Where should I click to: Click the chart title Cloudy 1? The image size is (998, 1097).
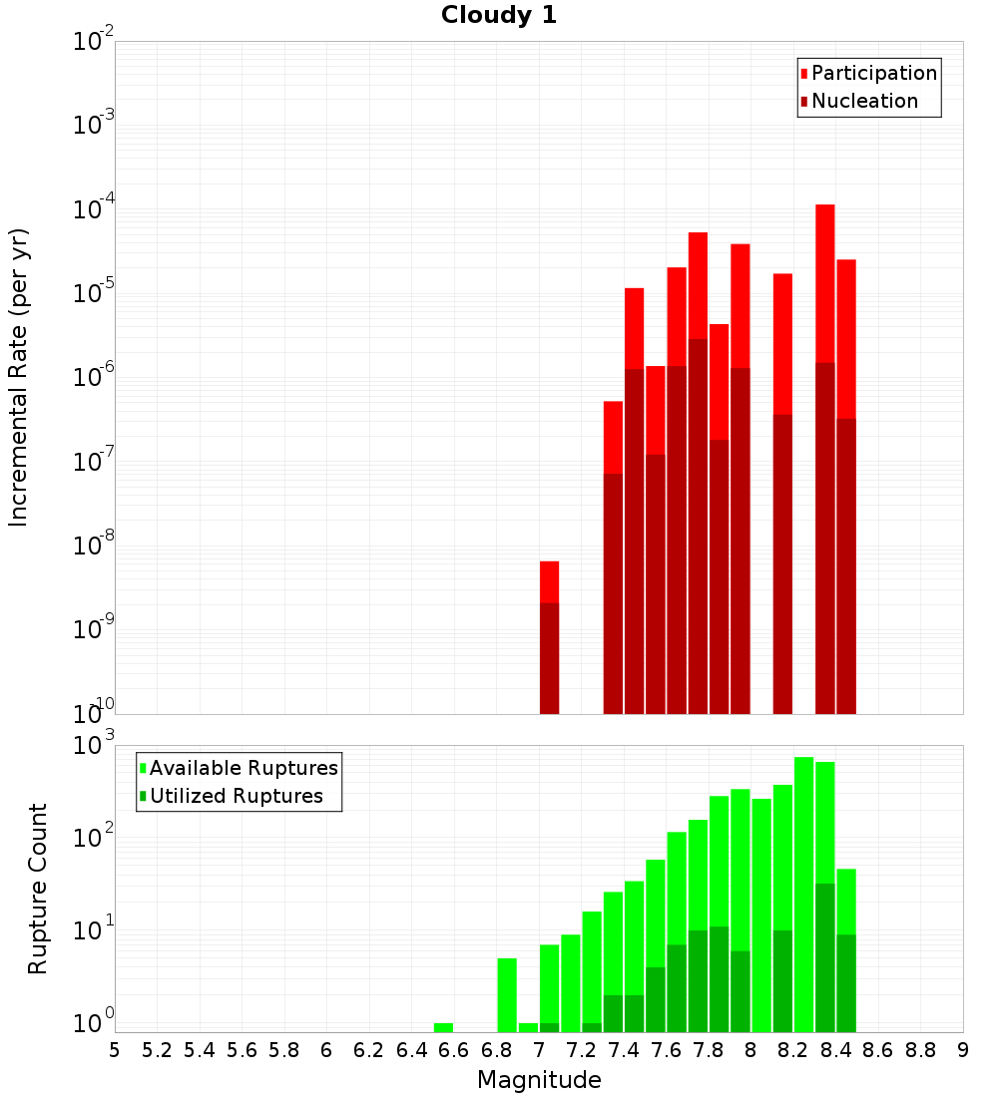(x=499, y=16)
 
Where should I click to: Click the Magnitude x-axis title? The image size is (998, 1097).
(x=539, y=1080)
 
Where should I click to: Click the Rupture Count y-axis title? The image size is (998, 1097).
(x=38, y=888)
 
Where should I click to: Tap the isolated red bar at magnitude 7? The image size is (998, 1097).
(x=549, y=638)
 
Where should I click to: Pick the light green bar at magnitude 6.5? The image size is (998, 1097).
(x=443, y=1027)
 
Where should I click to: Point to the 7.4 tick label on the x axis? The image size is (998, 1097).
(x=625, y=1050)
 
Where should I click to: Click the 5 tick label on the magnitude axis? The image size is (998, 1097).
(x=114, y=1050)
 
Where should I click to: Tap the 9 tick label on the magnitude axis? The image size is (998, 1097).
(x=963, y=1050)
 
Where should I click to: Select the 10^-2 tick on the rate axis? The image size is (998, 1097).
(x=94, y=43)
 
